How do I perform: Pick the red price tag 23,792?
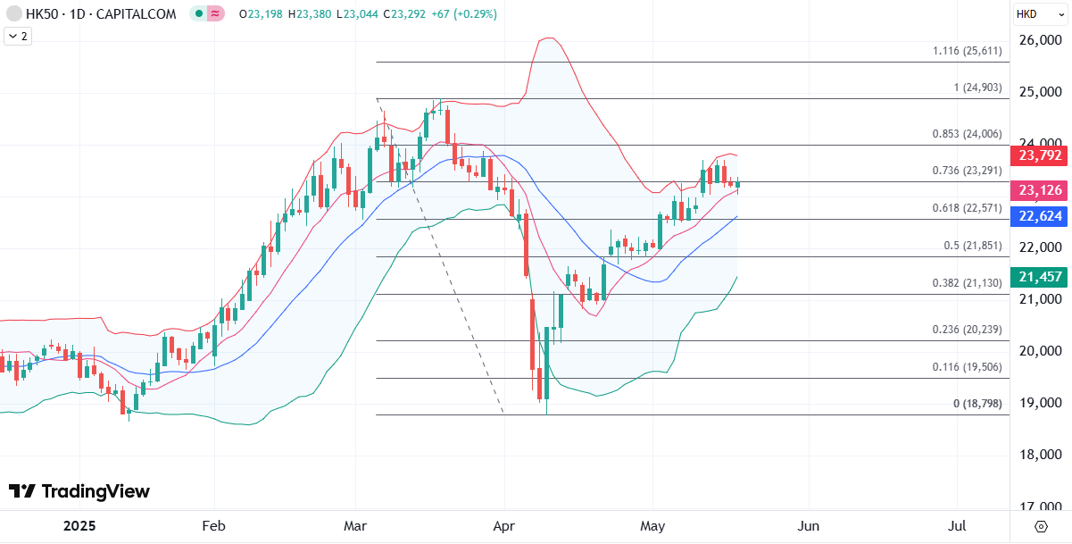(1038, 155)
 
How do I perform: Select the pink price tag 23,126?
(1038, 190)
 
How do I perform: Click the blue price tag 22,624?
(1038, 215)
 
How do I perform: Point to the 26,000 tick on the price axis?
(1041, 40)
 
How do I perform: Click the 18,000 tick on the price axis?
(1041, 455)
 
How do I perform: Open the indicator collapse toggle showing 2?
(17, 36)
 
